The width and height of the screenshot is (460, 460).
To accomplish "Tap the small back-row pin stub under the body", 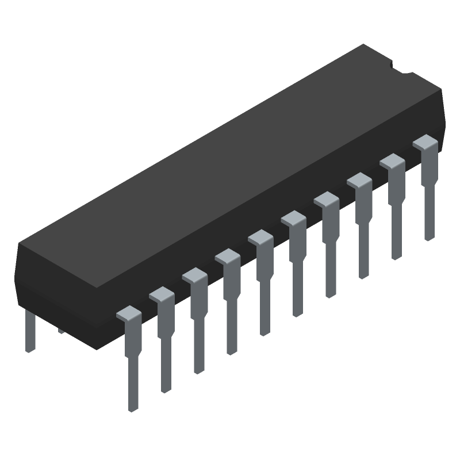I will (61, 330).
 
